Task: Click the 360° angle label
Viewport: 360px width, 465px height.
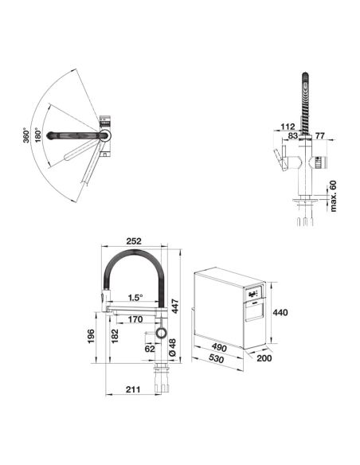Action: coord(27,135)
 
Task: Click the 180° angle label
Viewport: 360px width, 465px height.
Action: coord(38,135)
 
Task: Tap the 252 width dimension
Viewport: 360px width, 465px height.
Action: coord(134,241)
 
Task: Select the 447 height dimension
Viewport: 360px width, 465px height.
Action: coord(175,307)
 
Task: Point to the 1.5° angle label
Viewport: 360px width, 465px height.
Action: coord(135,298)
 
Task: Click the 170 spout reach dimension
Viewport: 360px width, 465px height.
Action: coord(135,319)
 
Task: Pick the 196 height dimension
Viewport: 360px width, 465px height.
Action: coord(91,336)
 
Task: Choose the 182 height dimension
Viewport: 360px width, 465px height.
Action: coord(115,336)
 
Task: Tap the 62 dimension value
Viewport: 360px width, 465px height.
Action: coord(150,349)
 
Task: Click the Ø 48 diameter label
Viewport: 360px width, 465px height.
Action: coord(172,347)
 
